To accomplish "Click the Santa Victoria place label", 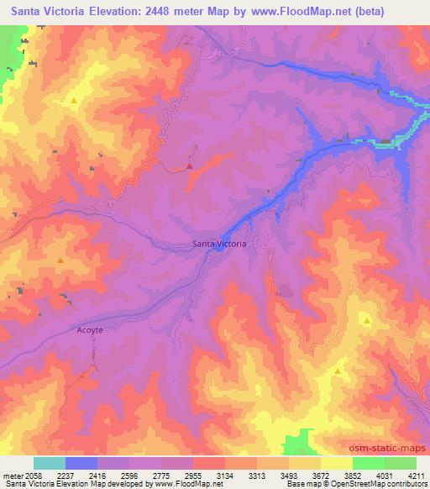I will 219,244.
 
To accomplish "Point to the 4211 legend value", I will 417,475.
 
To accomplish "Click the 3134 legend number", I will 225,475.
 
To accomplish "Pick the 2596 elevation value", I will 128,475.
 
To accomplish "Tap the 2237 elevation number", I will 65,475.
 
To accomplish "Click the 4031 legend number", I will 385,475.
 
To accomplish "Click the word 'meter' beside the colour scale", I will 11,475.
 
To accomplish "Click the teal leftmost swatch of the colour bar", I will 49,463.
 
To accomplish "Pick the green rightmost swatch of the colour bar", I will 401,463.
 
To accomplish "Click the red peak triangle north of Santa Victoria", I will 190,166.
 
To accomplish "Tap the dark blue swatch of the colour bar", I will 81,463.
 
